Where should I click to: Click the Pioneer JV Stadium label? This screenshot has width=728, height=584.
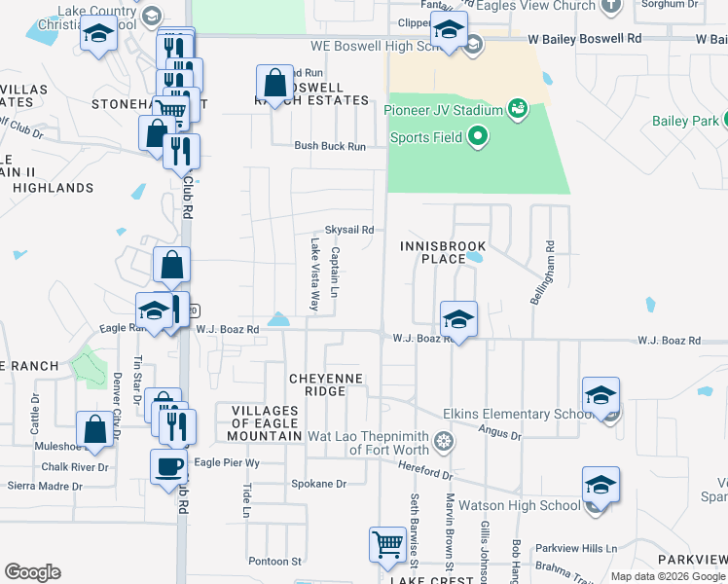pos(442,109)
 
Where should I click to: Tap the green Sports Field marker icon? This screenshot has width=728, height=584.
pos(477,137)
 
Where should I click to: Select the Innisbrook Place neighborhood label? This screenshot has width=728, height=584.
pos(433,253)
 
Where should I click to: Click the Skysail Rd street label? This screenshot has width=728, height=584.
pos(348,230)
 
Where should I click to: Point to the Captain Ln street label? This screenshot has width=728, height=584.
pos(335,274)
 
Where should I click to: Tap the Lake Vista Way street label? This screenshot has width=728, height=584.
pos(314,276)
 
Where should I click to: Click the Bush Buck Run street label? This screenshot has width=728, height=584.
pos(330,146)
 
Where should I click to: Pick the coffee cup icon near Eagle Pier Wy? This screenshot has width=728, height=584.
pos(168,466)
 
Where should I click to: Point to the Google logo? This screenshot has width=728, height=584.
pos(33,572)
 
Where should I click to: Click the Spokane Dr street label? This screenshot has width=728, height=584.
pos(318,484)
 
